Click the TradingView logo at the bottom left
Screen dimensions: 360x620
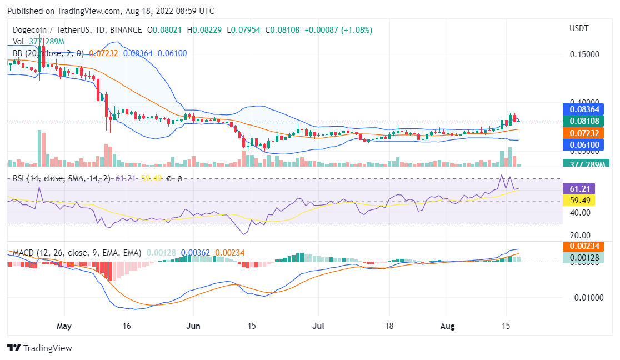[39, 348]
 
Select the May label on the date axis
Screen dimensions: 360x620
[64, 326]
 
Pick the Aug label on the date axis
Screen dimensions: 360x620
[447, 326]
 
